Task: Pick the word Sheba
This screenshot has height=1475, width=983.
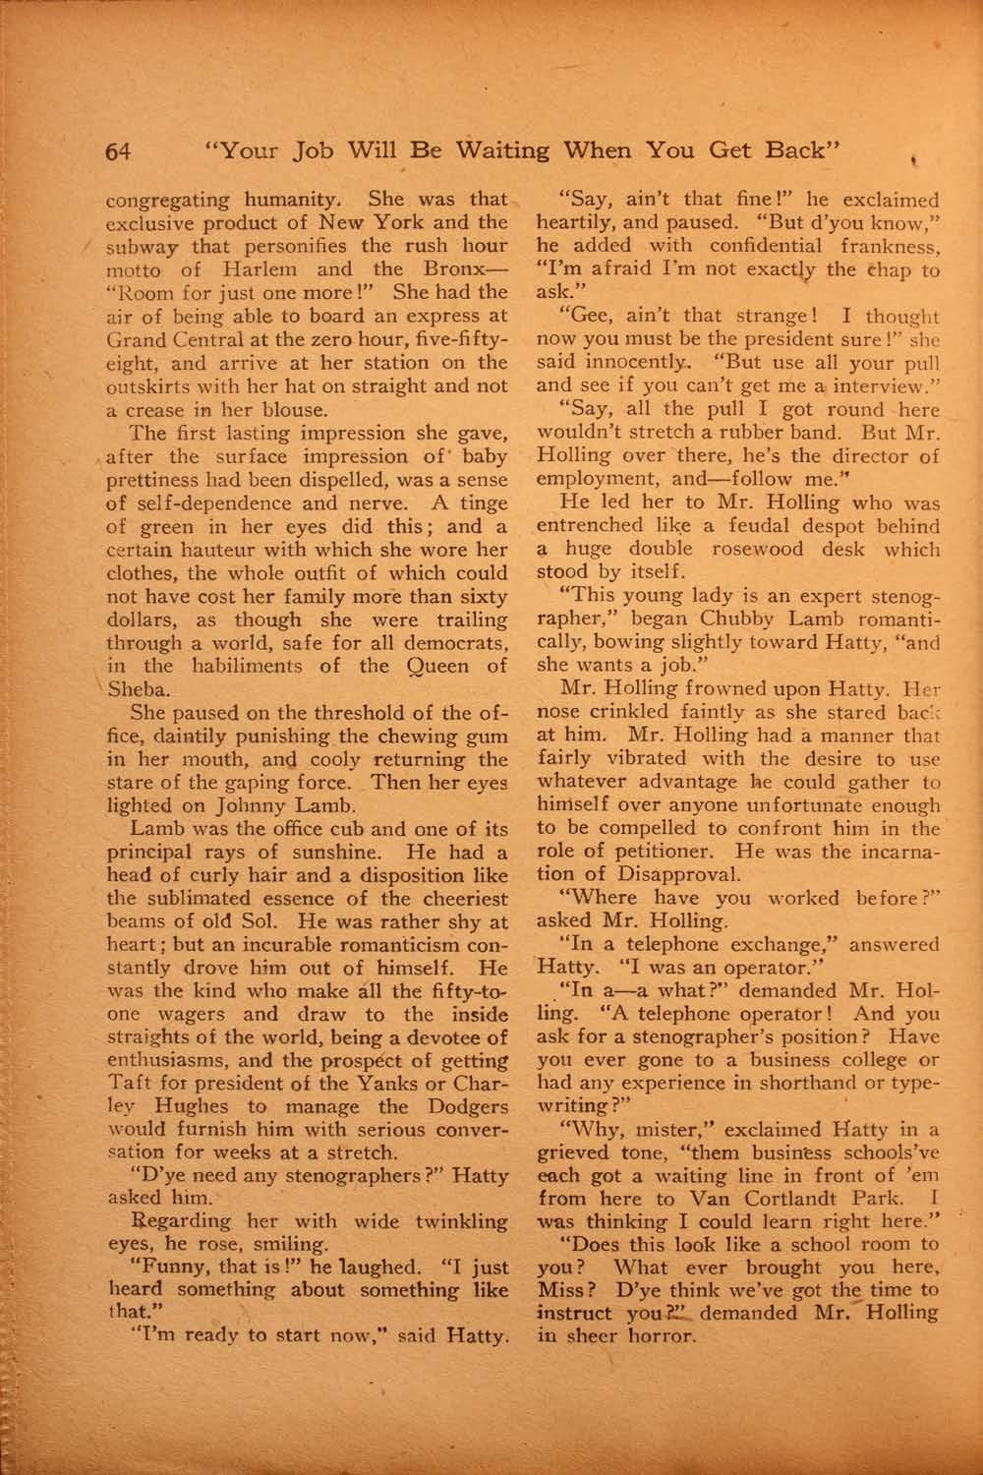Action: pos(140,689)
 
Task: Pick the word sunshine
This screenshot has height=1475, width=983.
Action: pos(295,853)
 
